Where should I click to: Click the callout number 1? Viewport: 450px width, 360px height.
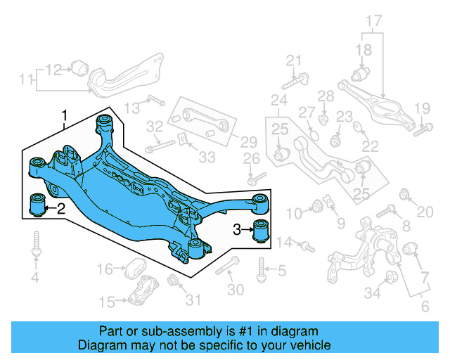[65, 115]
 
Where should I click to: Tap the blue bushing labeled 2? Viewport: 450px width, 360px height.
[36, 205]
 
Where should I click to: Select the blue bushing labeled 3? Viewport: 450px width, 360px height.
[262, 229]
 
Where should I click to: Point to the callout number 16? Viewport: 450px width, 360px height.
[105, 269]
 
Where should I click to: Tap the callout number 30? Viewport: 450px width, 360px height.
[236, 290]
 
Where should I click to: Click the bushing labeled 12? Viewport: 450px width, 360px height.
[79, 67]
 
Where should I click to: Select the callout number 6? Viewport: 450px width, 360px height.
[425, 307]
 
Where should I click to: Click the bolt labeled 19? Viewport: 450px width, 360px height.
[423, 129]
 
